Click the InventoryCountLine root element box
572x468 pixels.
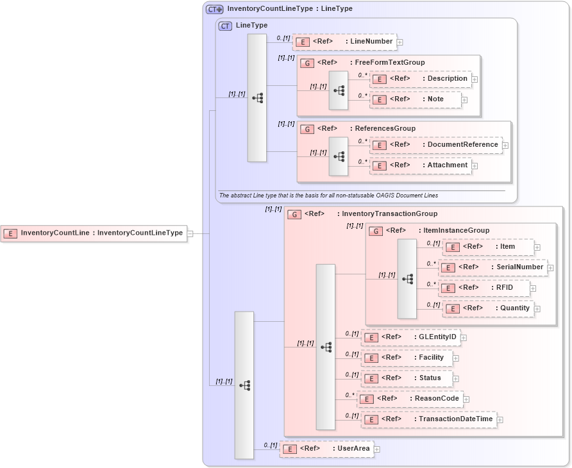tap(94, 233)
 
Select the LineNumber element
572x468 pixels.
tap(344, 42)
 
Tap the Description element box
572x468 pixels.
tap(420, 79)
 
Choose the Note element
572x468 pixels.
tap(415, 99)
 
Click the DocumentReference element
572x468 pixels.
tap(435, 145)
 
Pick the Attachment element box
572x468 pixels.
tap(420, 165)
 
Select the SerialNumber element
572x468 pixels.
tap(492, 267)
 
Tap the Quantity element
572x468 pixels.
tap(487, 308)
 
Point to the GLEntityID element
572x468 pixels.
tap(410, 337)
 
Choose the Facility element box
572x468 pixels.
tap(407, 358)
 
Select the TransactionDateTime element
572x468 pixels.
tap(428, 419)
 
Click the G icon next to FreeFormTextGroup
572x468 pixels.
tap(307, 63)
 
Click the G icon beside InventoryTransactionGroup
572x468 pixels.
tap(294, 214)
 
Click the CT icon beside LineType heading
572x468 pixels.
tap(225, 26)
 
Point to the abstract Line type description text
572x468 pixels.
tap(328, 195)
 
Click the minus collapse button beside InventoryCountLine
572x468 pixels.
tap(190, 233)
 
